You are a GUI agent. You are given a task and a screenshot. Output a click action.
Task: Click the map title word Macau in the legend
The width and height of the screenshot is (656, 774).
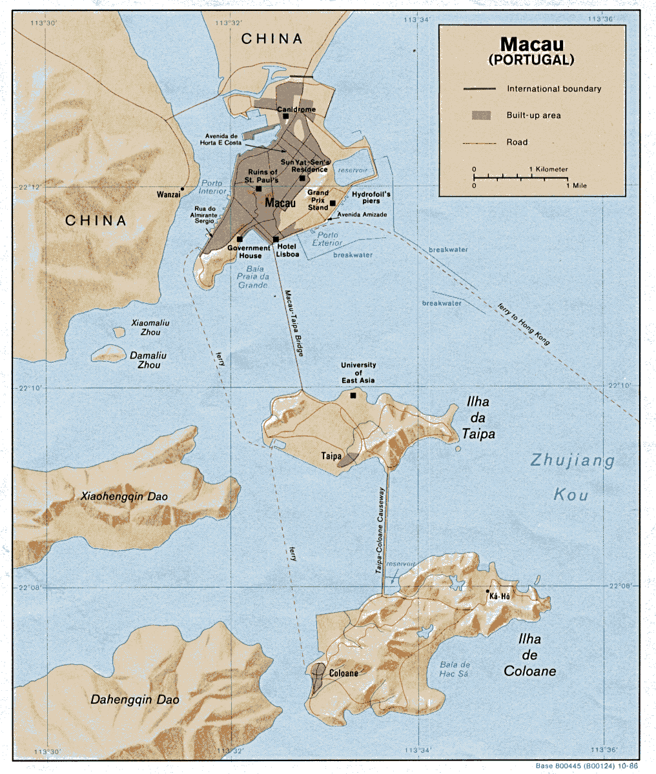coord(531,44)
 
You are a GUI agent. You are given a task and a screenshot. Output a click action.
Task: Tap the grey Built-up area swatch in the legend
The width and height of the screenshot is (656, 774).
coord(480,115)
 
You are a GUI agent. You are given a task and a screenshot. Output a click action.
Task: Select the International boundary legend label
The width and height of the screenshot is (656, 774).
coord(554,89)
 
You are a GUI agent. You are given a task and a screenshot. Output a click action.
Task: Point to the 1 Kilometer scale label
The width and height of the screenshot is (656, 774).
coord(549,170)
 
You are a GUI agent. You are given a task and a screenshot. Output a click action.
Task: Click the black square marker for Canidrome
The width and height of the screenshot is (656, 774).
coord(285,117)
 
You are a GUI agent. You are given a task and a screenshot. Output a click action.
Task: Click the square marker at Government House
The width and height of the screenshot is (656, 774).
coord(240,239)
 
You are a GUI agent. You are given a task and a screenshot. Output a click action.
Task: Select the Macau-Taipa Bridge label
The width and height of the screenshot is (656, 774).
coord(294,322)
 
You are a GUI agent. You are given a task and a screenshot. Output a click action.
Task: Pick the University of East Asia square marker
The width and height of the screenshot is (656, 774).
coord(353,395)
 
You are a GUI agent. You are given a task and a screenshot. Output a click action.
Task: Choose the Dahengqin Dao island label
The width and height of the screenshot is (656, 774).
coord(134,699)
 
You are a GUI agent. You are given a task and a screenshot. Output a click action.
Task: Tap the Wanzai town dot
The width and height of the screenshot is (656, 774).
coord(183,189)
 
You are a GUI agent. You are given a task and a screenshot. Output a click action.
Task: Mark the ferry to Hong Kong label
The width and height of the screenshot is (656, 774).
coord(524,324)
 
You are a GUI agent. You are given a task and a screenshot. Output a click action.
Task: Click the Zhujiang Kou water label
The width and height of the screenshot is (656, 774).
coord(571,477)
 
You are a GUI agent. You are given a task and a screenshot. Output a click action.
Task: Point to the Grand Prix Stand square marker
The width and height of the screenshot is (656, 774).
coord(333,204)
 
